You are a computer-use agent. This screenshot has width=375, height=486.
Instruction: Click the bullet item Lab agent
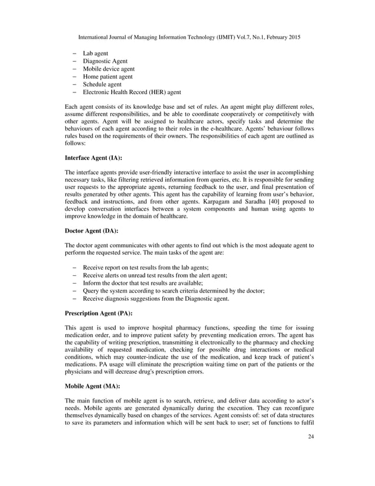tap(95, 54)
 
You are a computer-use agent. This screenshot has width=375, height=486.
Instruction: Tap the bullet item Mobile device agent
tap(108, 69)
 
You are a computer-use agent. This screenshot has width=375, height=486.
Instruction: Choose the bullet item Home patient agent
tap(108, 76)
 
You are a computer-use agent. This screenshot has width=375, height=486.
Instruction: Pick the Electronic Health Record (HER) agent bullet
tap(132, 92)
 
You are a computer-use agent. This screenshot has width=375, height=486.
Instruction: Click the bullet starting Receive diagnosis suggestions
tap(156, 298)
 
